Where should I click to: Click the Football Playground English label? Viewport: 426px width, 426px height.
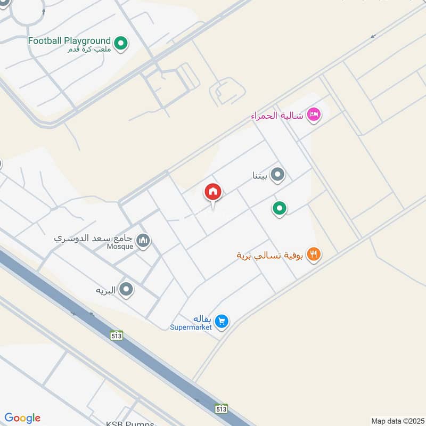(x=69, y=40)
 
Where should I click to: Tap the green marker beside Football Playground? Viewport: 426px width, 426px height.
(x=121, y=43)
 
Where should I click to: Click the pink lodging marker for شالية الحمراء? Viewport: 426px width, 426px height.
(x=314, y=115)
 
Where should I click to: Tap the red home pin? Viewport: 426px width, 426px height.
(x=213, y=193)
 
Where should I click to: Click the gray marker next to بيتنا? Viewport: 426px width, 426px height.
(x=277, y=174)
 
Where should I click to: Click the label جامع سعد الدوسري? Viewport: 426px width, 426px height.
(x=94, y=238)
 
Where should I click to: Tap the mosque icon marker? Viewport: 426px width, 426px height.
(x=143, y=241)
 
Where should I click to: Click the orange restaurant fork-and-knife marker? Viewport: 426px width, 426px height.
(x=314, y=255)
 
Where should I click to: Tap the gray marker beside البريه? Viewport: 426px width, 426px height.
(x=126, y=290)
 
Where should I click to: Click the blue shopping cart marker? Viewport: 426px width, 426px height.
(x=223, y=321)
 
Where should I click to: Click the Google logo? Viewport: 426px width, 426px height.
(x=22, y=418)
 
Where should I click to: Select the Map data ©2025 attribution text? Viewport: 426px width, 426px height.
(x=396, y=421)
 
